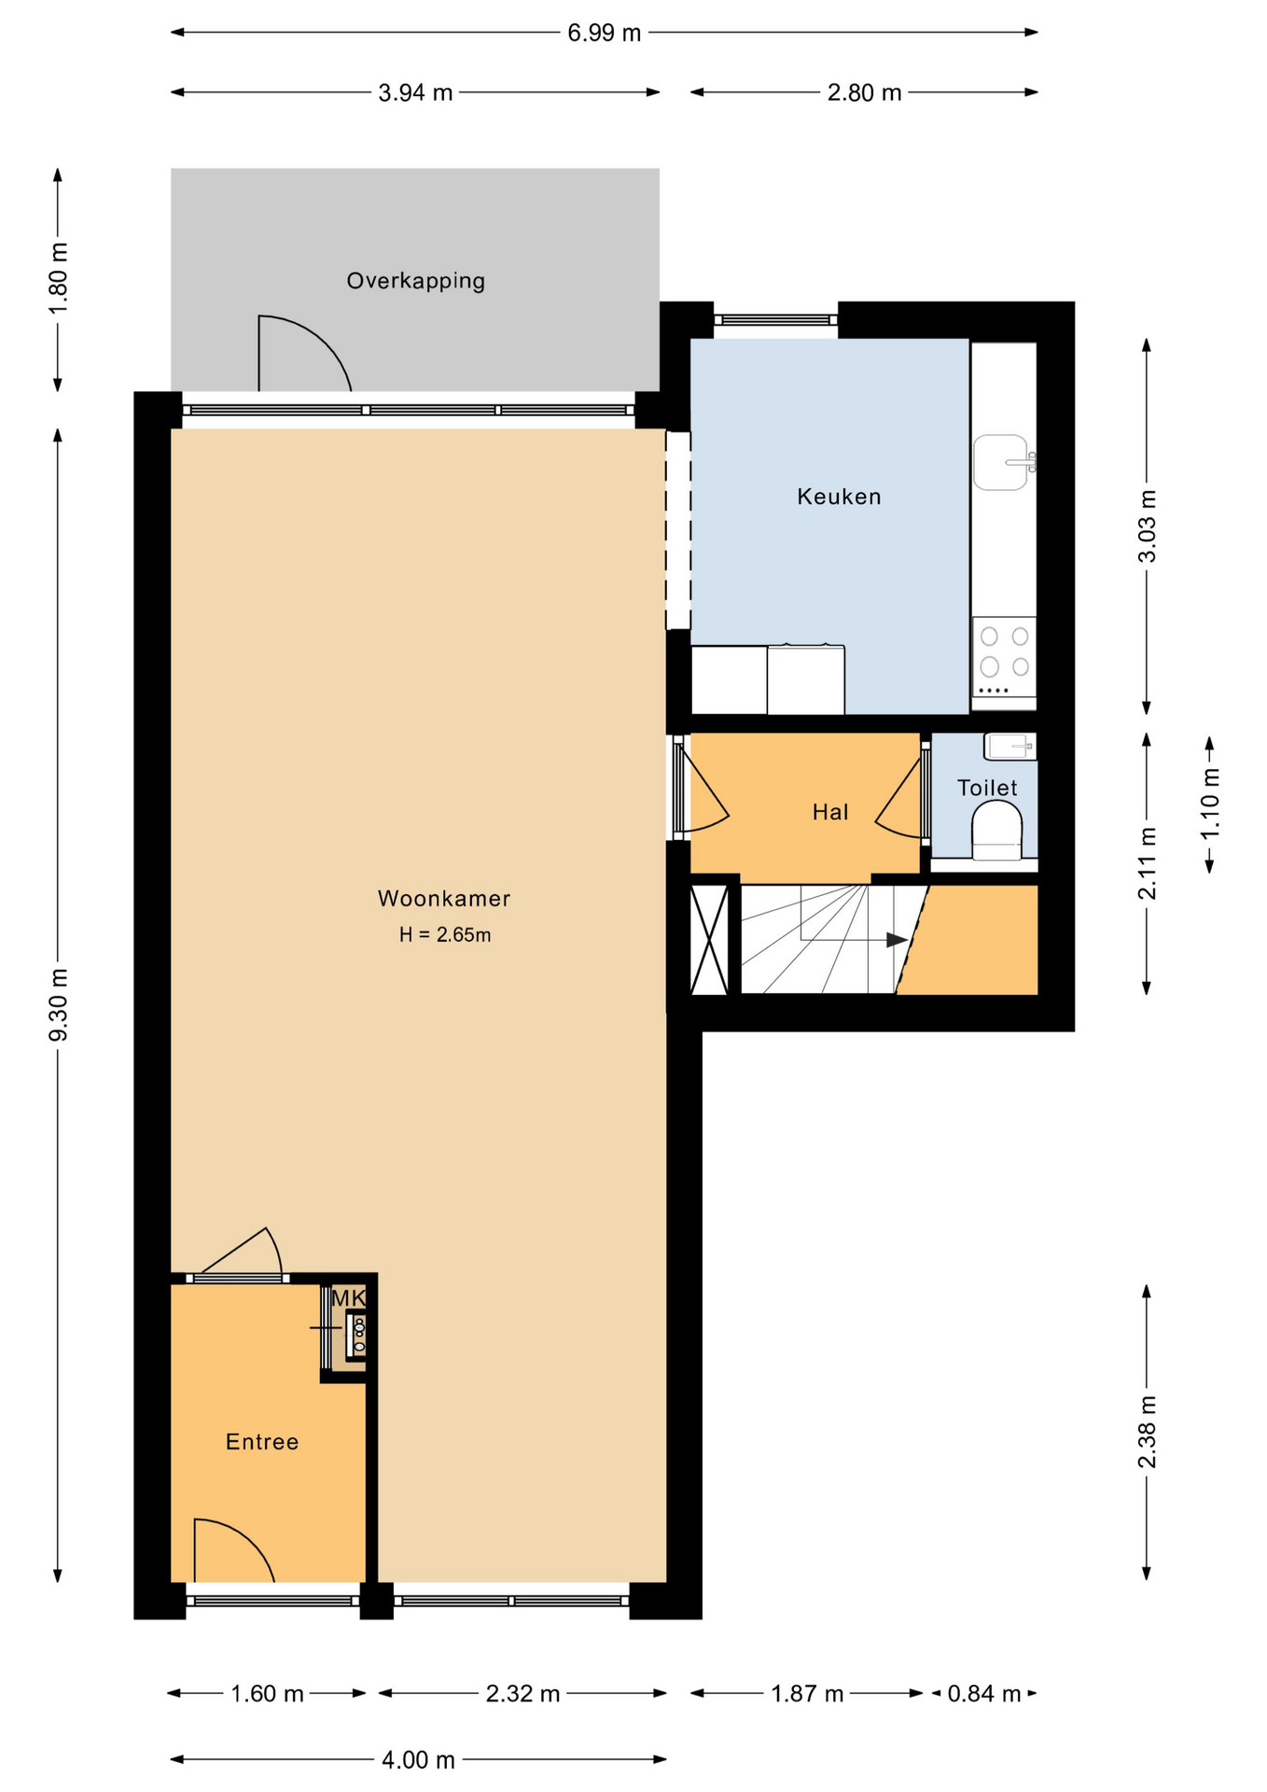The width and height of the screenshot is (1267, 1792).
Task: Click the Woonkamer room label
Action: (x=444, y=899)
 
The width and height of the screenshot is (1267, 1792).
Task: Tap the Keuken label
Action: (x=839, y=497)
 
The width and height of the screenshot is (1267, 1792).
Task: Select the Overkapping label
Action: (x=416, y=281)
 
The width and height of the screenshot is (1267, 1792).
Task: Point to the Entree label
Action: (x=262, y=1442)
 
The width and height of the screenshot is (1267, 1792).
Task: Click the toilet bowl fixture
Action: (x=997, y=831)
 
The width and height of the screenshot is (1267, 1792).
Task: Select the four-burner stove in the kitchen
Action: (x=1004, y=657)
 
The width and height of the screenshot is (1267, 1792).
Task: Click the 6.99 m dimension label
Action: (x=605, y=34)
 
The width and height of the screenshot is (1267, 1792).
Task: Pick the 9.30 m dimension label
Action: (x=58, y=1005)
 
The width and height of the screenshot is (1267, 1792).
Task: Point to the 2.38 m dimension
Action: (x=1147, y=1432)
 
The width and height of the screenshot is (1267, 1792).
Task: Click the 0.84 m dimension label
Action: (x=984, y=1694)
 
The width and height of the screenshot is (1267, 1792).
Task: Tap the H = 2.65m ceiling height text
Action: (x=445, y=935)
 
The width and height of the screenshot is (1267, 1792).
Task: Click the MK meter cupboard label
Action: (x=349, y=1298)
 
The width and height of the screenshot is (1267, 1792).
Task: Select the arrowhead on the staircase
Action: (x=897, y=940)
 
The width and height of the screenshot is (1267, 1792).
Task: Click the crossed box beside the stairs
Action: (x=709, y=940)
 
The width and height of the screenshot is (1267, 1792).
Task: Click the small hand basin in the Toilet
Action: (x=1010, y=747)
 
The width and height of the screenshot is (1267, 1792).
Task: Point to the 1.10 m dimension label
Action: (x=1210, y=805)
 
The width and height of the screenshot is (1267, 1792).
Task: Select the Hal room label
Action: (x=830, y=813)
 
